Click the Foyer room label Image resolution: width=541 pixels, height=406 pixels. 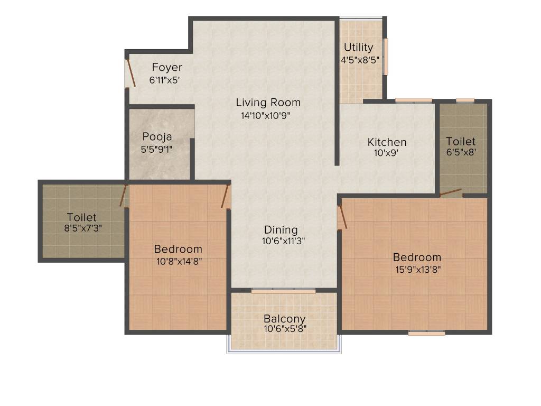coord(167,68)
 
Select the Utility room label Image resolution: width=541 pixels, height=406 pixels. coord(359,48)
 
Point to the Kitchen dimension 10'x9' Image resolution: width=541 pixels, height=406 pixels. coord(386,153)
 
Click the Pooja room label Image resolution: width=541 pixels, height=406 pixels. coord(157,137)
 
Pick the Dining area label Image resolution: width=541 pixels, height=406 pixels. coord(281,230)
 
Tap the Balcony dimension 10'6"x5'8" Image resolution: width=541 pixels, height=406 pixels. coord(285,329)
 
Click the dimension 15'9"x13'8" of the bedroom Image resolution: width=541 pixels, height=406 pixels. coord(417,269)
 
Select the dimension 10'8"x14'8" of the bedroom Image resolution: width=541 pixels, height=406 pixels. coord(178,261)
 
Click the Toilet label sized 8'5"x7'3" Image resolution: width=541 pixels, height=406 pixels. coord(82,217)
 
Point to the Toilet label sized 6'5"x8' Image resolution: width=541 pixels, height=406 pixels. coord(461,142)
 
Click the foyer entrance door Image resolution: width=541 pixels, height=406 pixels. coord(130,73)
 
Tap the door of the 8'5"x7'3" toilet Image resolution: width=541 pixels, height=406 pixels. coord(124,196)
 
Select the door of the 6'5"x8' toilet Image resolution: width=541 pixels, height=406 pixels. coord(450,193)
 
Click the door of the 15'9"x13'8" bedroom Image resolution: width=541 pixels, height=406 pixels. coord(342,217)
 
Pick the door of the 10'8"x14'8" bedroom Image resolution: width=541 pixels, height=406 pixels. coord(226,196)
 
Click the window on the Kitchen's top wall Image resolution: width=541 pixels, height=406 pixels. coord(414,100)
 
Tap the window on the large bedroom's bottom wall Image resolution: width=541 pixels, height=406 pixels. coord(426,333)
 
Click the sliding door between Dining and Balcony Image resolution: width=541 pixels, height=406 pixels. coord(283,290)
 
